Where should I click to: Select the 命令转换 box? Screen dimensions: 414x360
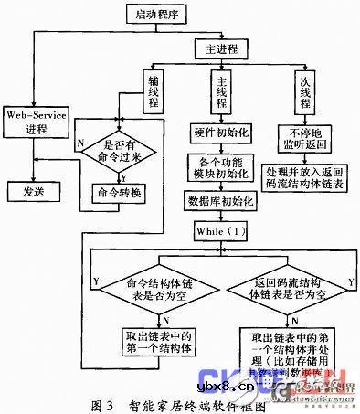(x=120, y=193)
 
